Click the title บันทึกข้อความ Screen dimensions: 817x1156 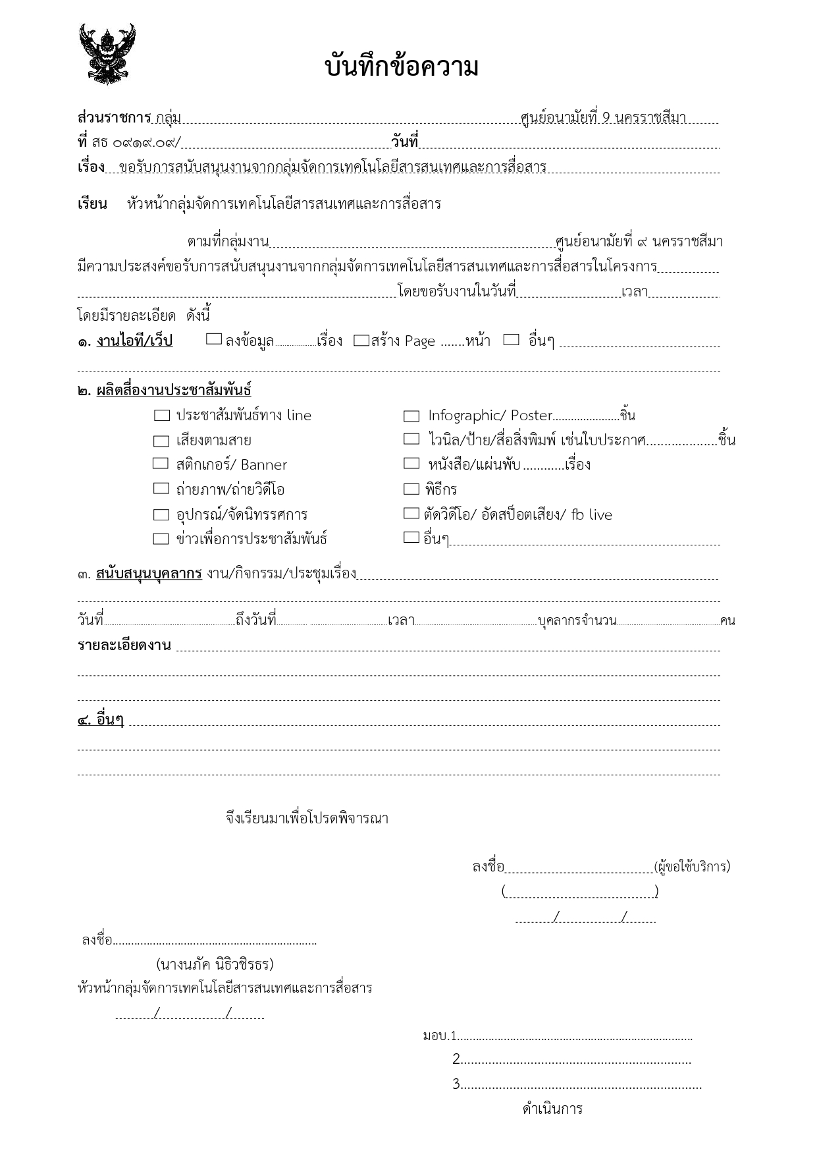[x=402, y=67]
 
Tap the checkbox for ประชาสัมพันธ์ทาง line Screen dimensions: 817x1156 [x=161, y=416]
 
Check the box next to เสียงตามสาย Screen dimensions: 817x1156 [x=161, y=441]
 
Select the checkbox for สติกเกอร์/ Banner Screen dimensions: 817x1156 [x=161, y=464]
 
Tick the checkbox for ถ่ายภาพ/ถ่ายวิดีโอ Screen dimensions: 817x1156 [x=161, y=489]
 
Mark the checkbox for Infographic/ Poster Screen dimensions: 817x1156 [x=411, y=416]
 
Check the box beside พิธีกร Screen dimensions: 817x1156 [x=411, y=489]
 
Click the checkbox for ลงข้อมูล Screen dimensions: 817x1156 [x=214, y=339]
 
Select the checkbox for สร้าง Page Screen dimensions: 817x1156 [x=361, y=341]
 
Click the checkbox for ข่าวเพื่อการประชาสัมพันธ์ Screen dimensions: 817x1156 [x=161, y=539]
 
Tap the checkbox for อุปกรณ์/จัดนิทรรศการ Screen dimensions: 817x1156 [x=161, y=514]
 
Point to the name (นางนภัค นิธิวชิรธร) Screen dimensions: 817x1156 [x=215, y=964]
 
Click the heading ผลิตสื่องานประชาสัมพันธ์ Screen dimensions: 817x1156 [x=174, y=390]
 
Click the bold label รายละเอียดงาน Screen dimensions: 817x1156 [x=124, y=646]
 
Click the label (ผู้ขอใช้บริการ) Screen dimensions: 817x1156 [x=692, y=866]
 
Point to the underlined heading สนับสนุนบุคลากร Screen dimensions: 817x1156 [x=149, y=573]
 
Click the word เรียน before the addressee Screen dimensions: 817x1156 [x=92, y=204]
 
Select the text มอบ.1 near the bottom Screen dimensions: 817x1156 [x=440, y=1036]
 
